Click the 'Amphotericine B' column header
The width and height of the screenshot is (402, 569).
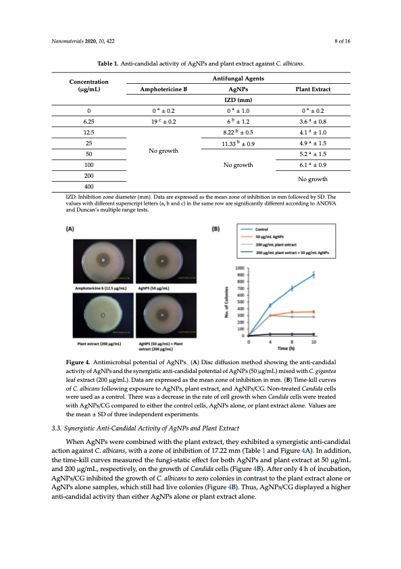click(x=163, y=89)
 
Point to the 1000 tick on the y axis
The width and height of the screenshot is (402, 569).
click(x=240, y=268)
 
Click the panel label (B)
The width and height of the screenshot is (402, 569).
click(x=218, y=229)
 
